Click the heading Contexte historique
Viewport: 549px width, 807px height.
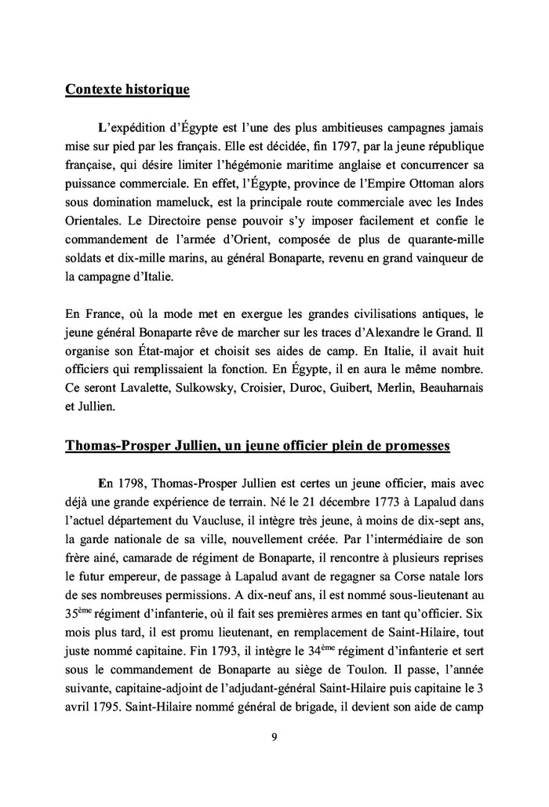(x=127, y=89)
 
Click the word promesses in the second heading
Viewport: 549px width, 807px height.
(x=409, y=446)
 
